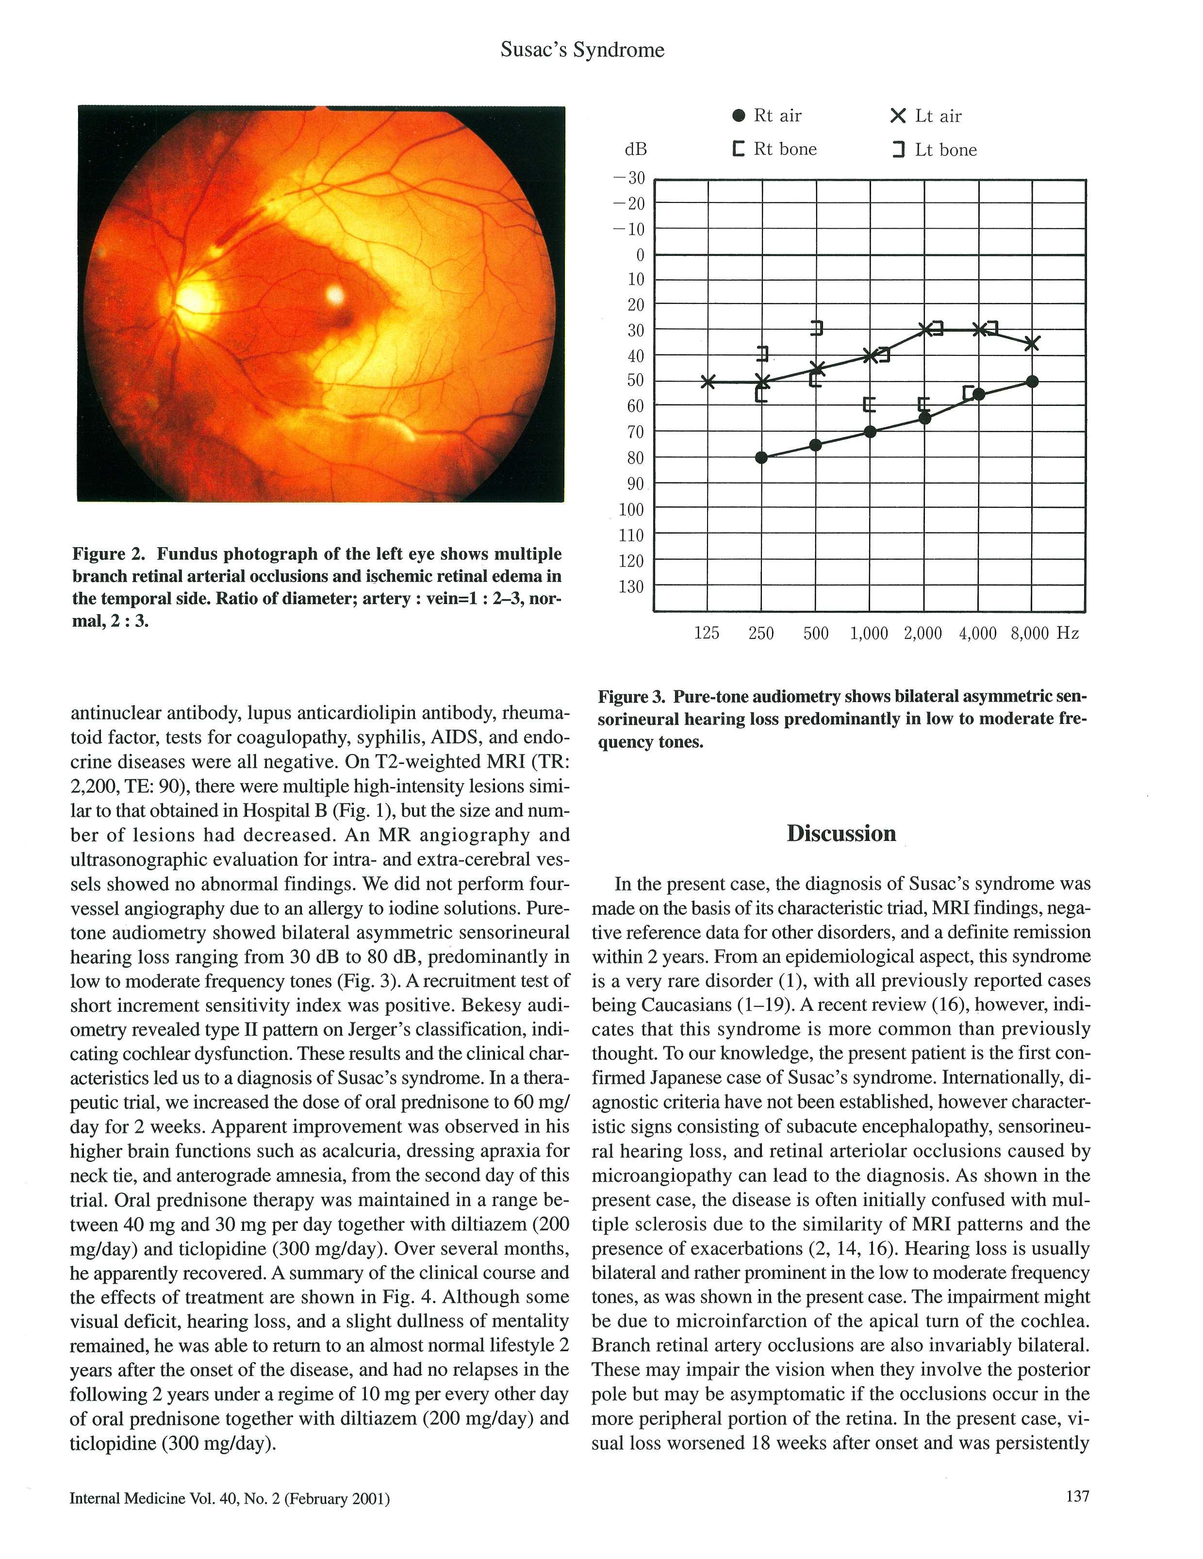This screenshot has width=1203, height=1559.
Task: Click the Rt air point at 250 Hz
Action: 761,457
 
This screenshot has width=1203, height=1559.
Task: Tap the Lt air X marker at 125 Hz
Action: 707,382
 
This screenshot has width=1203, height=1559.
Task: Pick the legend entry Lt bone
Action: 935,150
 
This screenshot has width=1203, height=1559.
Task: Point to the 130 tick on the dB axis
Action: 631,587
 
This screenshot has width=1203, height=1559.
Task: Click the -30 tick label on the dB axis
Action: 628,178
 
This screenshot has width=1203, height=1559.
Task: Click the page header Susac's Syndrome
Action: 582,50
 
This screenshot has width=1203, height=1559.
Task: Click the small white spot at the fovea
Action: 335,293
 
